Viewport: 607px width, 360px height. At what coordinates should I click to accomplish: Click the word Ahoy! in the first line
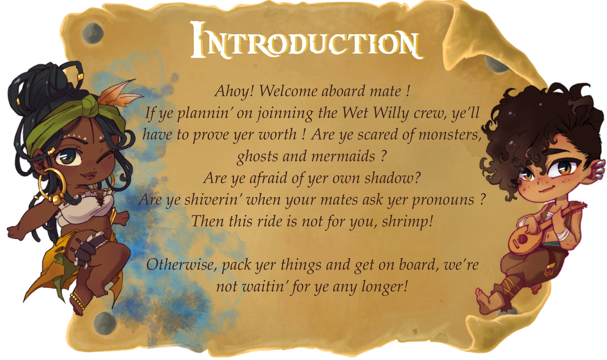(234, 91)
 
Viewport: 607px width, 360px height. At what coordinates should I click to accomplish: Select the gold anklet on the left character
(78, 301)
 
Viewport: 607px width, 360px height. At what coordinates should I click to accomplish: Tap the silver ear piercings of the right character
(600, 170)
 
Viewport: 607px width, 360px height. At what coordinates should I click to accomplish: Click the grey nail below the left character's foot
(105, 323)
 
